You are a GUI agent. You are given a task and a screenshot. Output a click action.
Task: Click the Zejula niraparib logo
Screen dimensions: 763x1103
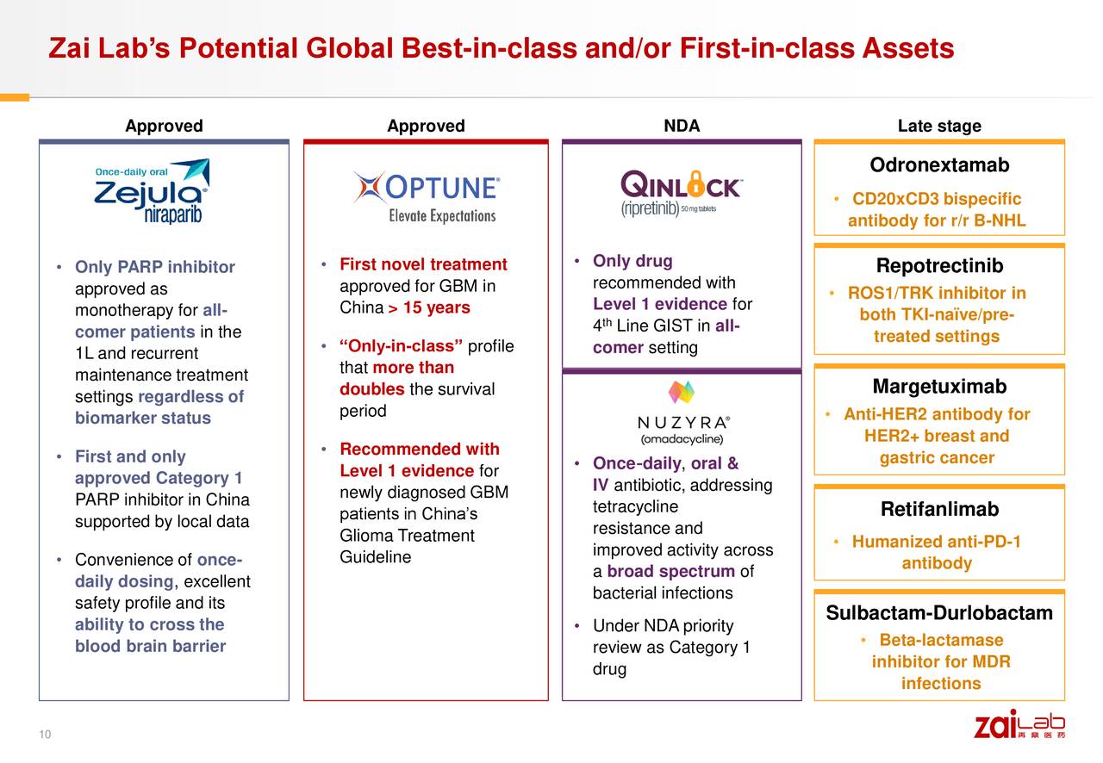click(x=152, y=192)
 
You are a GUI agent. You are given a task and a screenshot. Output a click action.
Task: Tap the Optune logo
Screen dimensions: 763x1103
click(x=426, y=197)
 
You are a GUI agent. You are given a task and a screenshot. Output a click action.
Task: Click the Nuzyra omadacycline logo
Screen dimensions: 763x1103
click(x=682, y=413)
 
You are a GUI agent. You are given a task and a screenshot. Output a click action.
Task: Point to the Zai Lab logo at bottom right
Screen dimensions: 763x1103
click(x=1019, y=724)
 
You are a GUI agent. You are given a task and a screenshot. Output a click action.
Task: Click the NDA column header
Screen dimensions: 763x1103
click(x=682, y=127)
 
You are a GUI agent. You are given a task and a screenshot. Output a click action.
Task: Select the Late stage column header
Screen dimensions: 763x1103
click(x=939, y=127)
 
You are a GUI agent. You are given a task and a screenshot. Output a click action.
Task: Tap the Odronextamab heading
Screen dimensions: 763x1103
click(x=939, y=165)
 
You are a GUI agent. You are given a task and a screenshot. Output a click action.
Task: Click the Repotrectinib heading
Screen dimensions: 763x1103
click(x=939, y=266)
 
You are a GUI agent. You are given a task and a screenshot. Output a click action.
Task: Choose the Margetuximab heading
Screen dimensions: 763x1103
click(x=939, y=387)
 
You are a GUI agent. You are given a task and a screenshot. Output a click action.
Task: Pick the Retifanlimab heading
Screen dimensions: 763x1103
click(x=939, y=509)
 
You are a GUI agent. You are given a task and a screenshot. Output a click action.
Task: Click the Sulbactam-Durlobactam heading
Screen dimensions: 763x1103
click(x=939, y=613)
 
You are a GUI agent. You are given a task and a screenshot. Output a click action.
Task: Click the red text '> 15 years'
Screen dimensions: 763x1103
click(x=429, y=308)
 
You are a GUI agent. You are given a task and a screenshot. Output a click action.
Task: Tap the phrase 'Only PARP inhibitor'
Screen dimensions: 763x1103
click(x=155, y=267)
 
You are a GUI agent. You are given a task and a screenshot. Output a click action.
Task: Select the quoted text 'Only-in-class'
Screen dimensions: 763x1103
click(x=402, y=346)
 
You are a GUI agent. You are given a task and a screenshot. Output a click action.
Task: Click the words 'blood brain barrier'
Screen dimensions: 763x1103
click(x=150, y=646)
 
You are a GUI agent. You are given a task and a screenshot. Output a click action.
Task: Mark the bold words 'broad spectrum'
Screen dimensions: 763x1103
click(x=671, y=572)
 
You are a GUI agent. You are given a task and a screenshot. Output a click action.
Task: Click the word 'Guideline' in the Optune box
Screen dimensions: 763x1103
click(x=375, y=557)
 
